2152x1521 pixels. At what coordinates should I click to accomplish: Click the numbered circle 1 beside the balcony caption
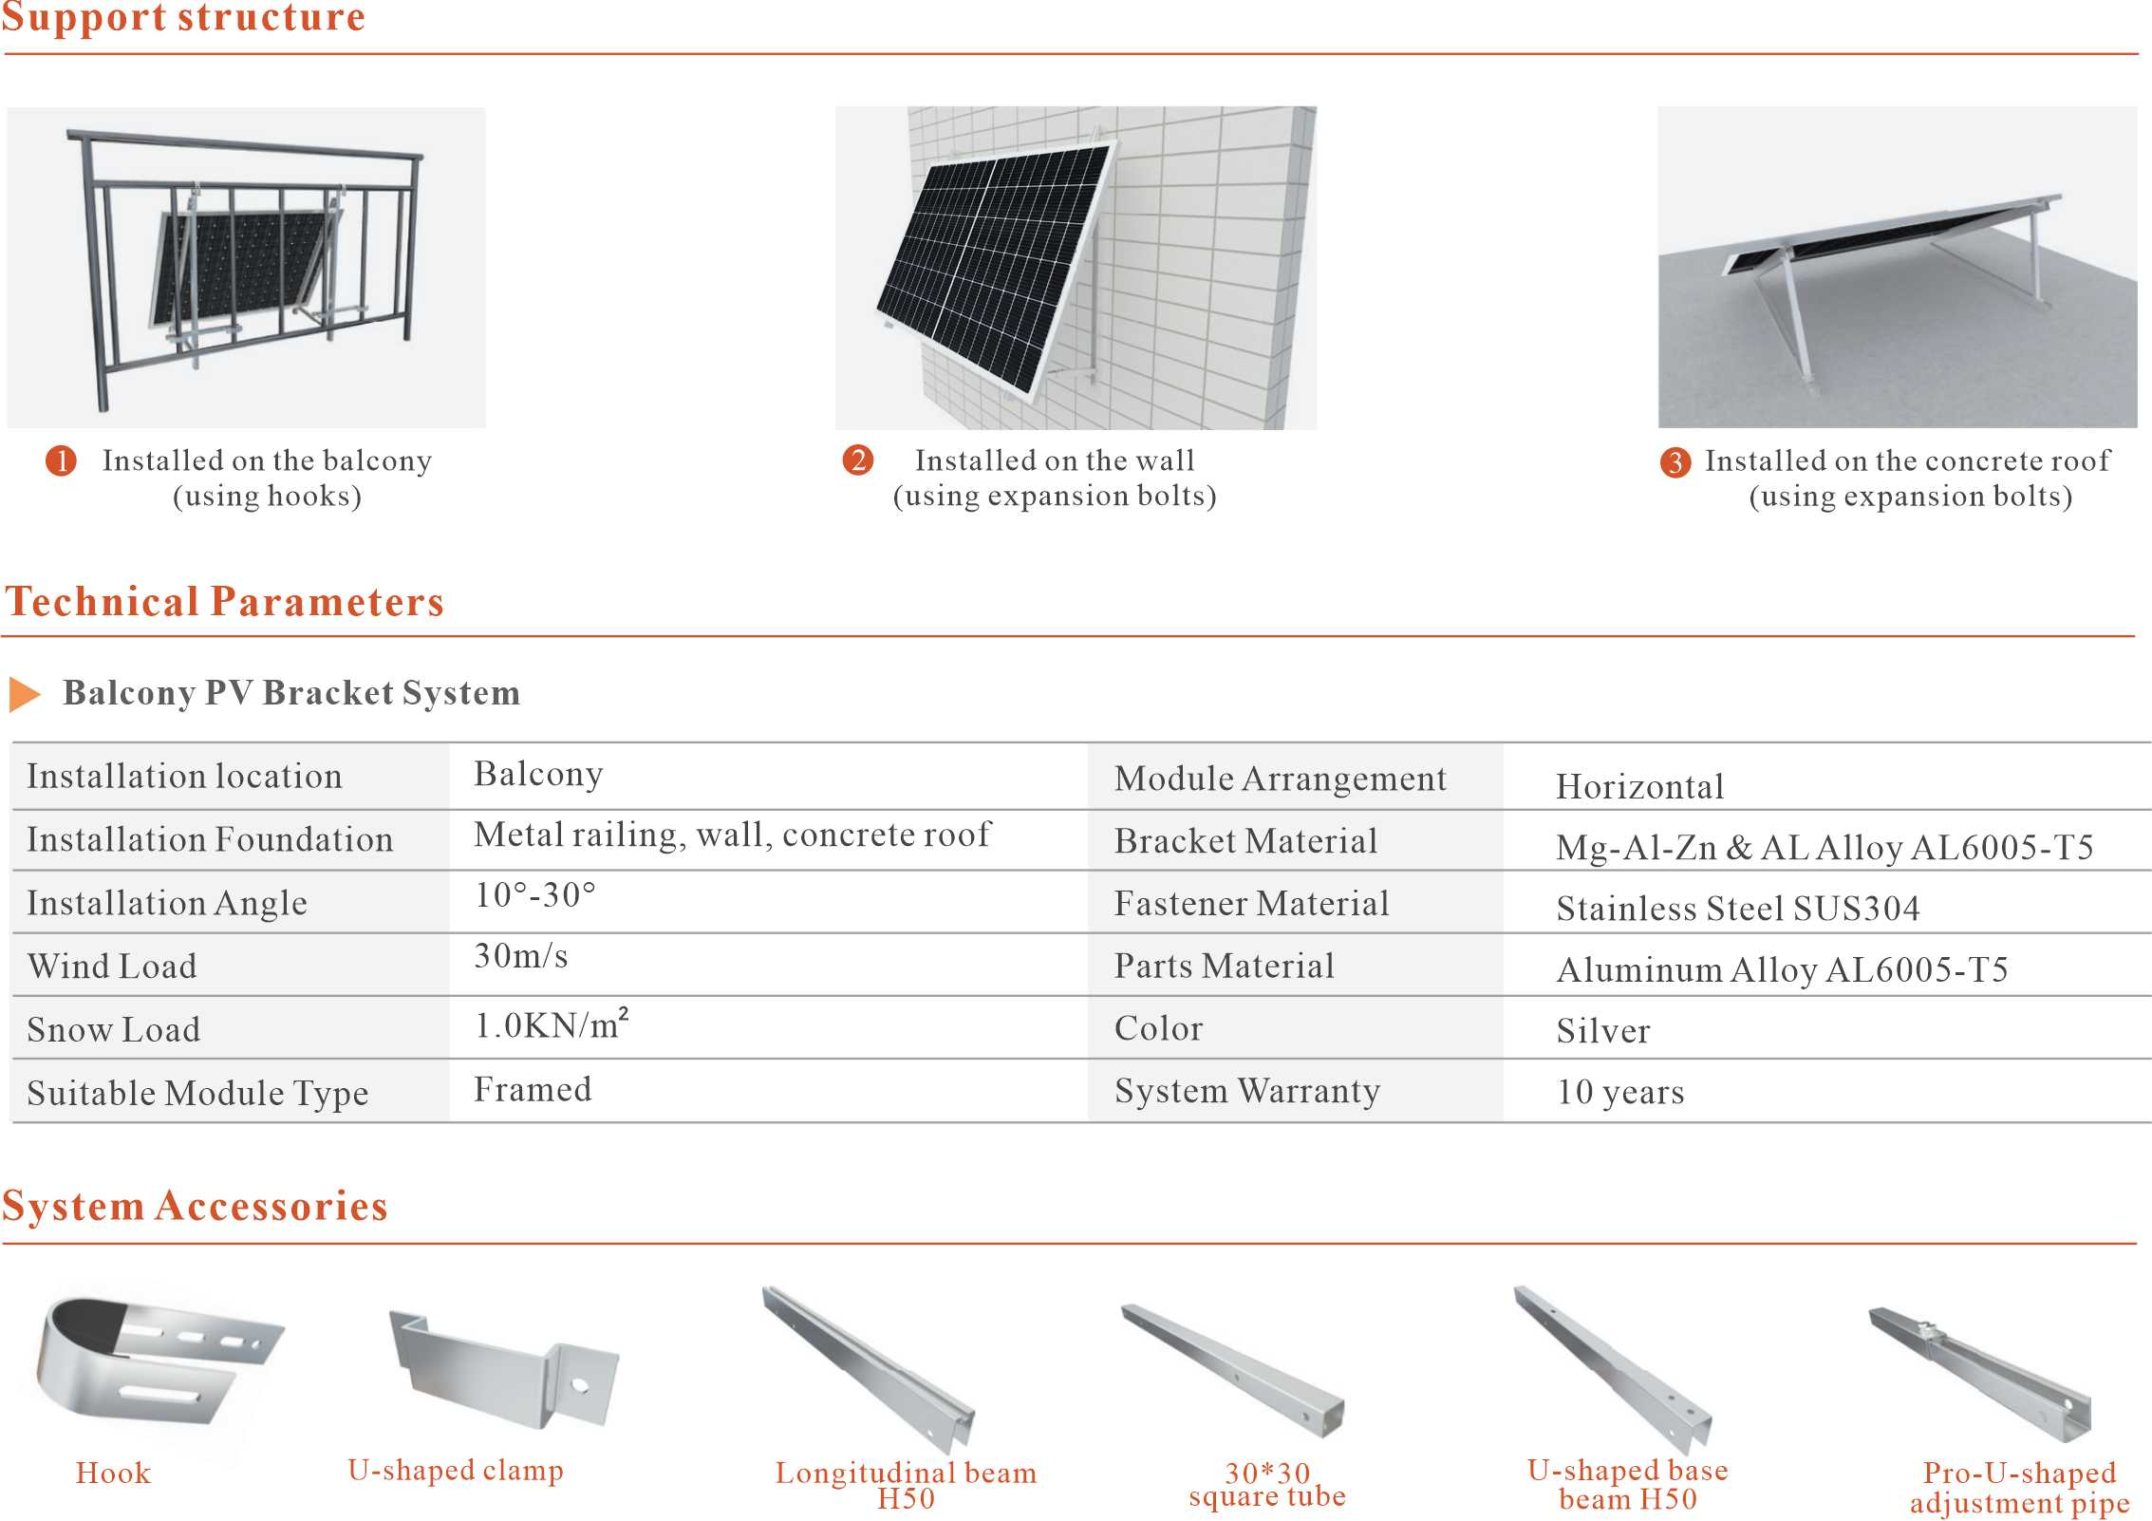(x=62, y=461)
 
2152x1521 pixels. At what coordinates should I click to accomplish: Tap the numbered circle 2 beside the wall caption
(x=857, y=460)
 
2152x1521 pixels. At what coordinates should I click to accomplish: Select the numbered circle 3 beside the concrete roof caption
(x=1675, y=462)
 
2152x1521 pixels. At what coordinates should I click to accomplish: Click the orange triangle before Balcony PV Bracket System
(x=25, y=694)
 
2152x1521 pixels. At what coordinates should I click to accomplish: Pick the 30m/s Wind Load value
(x=521, y=956)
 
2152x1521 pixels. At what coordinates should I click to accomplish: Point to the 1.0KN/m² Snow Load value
(x=552, y=1025)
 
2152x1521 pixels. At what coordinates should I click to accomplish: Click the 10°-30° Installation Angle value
(x=535, y=894)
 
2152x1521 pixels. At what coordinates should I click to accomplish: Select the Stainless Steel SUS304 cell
(x=1737, y=909)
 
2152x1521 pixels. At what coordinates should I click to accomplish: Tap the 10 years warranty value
(x=1620, y=1092)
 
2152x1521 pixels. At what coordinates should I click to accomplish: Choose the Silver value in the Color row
(x=1603, y=1031)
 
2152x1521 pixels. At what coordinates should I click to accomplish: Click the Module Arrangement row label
(x=1280, y=779)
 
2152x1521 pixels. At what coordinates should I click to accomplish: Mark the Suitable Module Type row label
(x=197, y=1093)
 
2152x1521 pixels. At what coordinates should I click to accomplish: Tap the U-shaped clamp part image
(x=503, y=1367)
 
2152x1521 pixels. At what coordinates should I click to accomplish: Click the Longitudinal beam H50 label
(x=906, y=1485)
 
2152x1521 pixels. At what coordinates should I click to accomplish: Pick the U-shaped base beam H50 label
(x=1627, y=1484)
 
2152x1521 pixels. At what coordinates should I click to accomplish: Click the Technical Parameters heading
(x=225, y=602)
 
